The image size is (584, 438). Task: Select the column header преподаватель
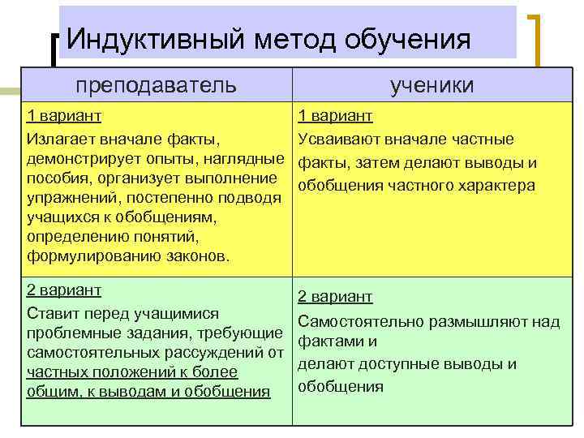point(157,84)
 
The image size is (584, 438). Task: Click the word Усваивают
point(334,139)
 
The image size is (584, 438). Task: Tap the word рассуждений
point(218,353)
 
